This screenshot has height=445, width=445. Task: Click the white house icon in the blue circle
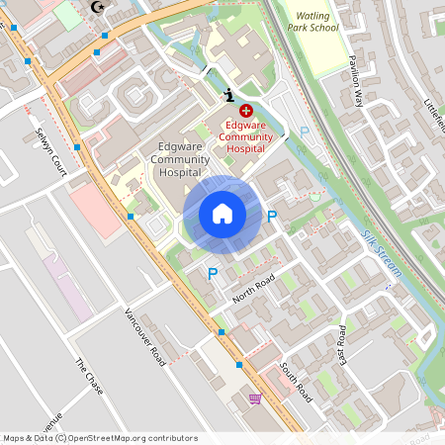point(222,214)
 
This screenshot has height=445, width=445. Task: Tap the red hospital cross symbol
point(245,113)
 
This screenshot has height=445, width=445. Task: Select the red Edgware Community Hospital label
point(245,136)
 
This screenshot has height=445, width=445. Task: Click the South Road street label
point(296,381)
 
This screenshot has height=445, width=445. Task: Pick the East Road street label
point(343,341)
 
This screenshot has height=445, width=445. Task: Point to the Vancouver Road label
point(144,336)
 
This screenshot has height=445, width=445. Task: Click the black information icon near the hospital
point(229,94)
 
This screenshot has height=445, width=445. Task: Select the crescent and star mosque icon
point(97,8)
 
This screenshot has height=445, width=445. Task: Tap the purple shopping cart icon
point(255,399)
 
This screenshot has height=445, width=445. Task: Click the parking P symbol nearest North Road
point(212,273)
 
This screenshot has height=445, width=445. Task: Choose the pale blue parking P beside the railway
point(305,132)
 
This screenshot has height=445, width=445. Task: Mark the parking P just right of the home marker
point(272,216)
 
